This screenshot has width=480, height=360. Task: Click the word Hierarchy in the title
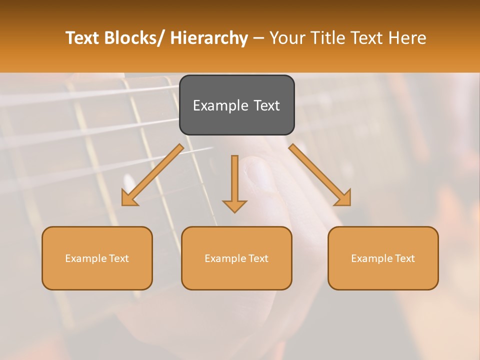point(209,38)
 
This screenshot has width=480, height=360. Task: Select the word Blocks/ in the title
point(135,38)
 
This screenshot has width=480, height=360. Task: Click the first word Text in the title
point(83,38)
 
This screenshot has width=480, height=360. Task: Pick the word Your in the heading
point(288,38)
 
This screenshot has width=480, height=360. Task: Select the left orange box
point(97,258)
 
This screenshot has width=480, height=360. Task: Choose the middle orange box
point(236,258)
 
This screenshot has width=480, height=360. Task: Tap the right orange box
point(383,258)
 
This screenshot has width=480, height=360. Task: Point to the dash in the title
point(258,38)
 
